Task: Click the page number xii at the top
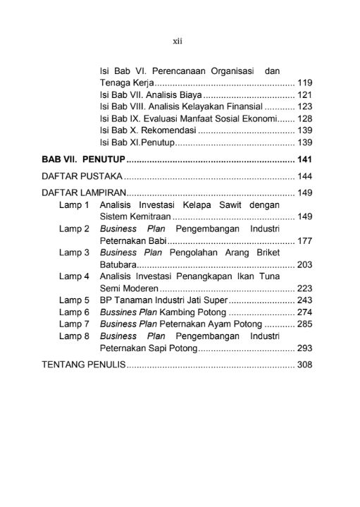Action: tap(178, 42)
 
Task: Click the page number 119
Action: tap(305, 83)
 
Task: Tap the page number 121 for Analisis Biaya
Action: tap(305, 94)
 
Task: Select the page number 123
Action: tap(305, 106)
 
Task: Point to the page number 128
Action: tap(305, 118)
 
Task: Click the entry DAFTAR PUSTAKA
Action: tap(82, 176)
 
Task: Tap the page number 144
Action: tap(305, 176)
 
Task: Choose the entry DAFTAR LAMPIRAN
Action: tap(85, 193)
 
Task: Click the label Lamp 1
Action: tap(74, 204)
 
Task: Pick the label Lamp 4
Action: tap(74, 276)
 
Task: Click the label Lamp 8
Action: tap(74, 336)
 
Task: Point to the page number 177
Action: tap(305, 240)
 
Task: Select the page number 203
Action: tap(305, 264)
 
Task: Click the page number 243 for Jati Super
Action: tap(305, 300)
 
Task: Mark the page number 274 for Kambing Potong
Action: tap(305, 312)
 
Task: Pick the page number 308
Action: tap(305, 365)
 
